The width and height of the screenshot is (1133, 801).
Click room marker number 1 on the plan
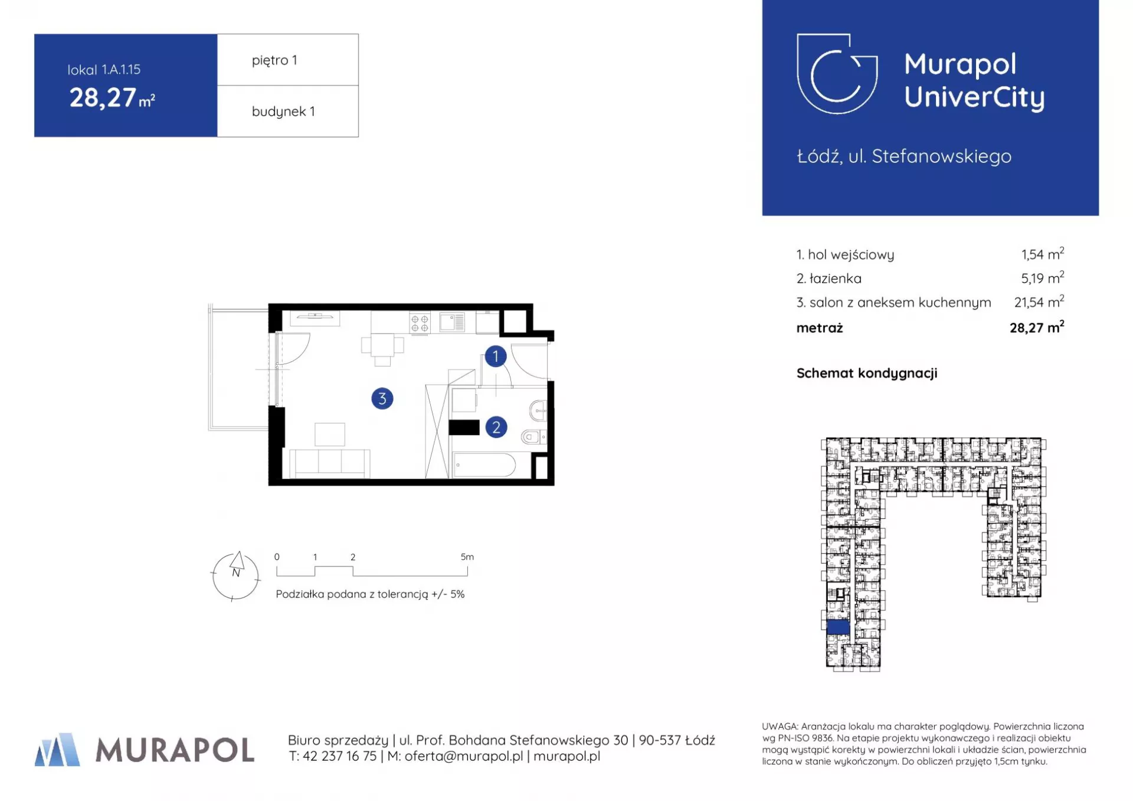click(x=496, y=356)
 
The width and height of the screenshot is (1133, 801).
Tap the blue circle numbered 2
click(x=496, y=427)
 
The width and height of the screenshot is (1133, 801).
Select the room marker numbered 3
click(x=382, y=398)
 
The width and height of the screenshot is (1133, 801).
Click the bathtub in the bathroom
click(x=484, y=465)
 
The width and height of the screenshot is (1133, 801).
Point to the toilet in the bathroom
click(x=533, y=437)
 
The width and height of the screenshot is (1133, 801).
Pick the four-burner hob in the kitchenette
click(x=420, y=323)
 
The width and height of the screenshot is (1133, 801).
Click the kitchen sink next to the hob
click(x=452, y=322)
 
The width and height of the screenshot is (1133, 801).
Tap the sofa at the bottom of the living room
click(x=329, y=463)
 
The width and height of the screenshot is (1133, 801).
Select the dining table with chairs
click(x=383, y=349)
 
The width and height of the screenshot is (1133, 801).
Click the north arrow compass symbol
click(x=236, y=576)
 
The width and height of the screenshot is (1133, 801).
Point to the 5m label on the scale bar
click(x=467, y=557)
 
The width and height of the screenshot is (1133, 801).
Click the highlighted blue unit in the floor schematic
click(x=838, y=627)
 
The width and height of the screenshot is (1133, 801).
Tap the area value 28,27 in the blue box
click(x=103, y=98)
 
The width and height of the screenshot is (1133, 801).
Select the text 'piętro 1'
click(x=274, y=60)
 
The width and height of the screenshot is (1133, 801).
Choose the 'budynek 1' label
click(x=283, y=112)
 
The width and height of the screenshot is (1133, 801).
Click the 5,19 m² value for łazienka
click(x=1043, y=277)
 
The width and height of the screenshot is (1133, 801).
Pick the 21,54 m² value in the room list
click(x=1039, y=302)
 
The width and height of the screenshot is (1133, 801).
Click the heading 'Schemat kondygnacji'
click(x=867, y=373)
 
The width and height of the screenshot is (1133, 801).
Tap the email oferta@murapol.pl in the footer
click(x=464, y=756)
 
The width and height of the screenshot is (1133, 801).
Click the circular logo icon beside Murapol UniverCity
click(x=837, y=74)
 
